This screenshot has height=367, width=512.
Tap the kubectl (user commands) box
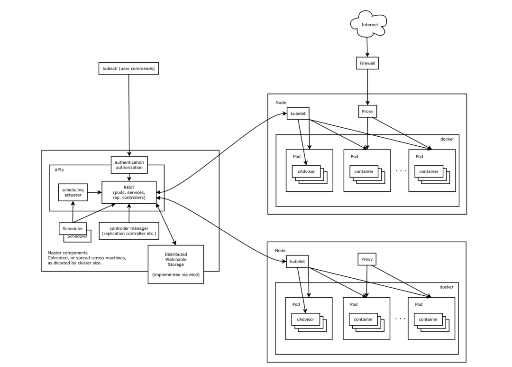[128, 68]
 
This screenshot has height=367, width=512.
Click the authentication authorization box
[129, 165]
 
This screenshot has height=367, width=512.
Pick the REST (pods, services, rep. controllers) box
[129, 192]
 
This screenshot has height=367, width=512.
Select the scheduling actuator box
[73, 192]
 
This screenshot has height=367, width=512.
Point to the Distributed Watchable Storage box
[176, 264]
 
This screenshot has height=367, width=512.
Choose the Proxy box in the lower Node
[366, 259]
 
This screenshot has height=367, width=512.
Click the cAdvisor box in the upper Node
[306, 172]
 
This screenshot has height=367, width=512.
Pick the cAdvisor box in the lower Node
[306, 320]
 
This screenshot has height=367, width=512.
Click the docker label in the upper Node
[447, 139]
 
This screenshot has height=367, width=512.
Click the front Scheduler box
[73, 228]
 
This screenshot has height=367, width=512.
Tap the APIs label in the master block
[59, 169]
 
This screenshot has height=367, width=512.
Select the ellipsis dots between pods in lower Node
[400, 318]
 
